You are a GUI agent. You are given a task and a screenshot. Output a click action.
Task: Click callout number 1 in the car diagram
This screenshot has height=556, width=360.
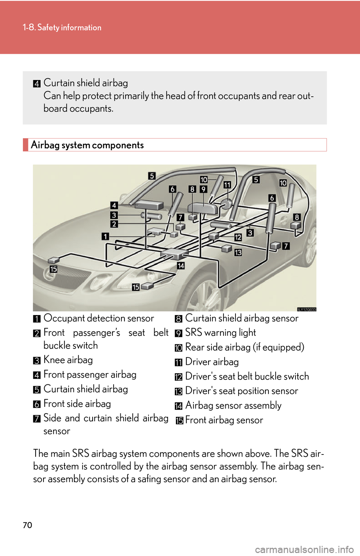pyautogui.click(x=105, y=236)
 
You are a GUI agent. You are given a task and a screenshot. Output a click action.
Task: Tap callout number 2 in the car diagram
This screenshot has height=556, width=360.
pyautogui.click(x=114, y=224)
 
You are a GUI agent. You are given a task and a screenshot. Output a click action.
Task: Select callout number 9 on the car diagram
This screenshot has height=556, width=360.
pyautogui.click(x=203, y=189)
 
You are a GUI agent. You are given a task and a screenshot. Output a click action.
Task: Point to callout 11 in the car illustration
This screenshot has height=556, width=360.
pyautogui.click(x=227, y=185)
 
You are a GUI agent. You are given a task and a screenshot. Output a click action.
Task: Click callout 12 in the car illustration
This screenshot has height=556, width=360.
pyautogui.click(x=238, y=238)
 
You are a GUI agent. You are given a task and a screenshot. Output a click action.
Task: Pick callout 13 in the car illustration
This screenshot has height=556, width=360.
pyautogui.click(x=238, y=253)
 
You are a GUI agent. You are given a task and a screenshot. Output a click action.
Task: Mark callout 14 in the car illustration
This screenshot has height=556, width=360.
pyautogui.click(x=181, y=266)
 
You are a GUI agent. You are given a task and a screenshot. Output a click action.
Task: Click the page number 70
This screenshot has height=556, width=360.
pyautogui.click(x=28, y=525)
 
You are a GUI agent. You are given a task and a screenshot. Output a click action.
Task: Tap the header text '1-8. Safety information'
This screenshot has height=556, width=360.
pyautogui.click(x=62, y=27)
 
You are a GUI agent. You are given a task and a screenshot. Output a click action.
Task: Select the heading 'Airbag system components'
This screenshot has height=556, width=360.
pyautogui.click(x=87, y=145)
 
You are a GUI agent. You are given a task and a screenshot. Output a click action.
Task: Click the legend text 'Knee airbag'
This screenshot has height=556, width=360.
pyautogui.click(x=68, y=360)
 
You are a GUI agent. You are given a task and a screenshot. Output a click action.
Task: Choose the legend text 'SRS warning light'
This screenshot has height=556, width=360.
pyautogui.click(x=220, y=333)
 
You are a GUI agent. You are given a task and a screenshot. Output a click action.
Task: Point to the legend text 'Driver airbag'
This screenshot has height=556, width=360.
pyautogui.click(x=212, y=362)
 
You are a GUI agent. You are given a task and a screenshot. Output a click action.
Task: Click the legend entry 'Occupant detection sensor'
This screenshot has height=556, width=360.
pyautogui.click(x=99, y=318)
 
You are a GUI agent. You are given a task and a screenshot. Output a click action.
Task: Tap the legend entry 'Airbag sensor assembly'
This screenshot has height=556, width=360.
pyautogui.click(x=233, y=405)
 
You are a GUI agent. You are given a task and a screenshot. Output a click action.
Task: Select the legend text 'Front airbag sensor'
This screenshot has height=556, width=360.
pyautogui.click(x=224, y=420)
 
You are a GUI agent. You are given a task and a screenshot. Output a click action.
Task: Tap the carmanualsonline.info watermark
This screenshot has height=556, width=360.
pyautogui.click(x=304, y=550)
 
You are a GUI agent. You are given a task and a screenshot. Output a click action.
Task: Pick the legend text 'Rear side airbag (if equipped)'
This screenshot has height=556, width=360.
pyautogui.click(x=244, y=347)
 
